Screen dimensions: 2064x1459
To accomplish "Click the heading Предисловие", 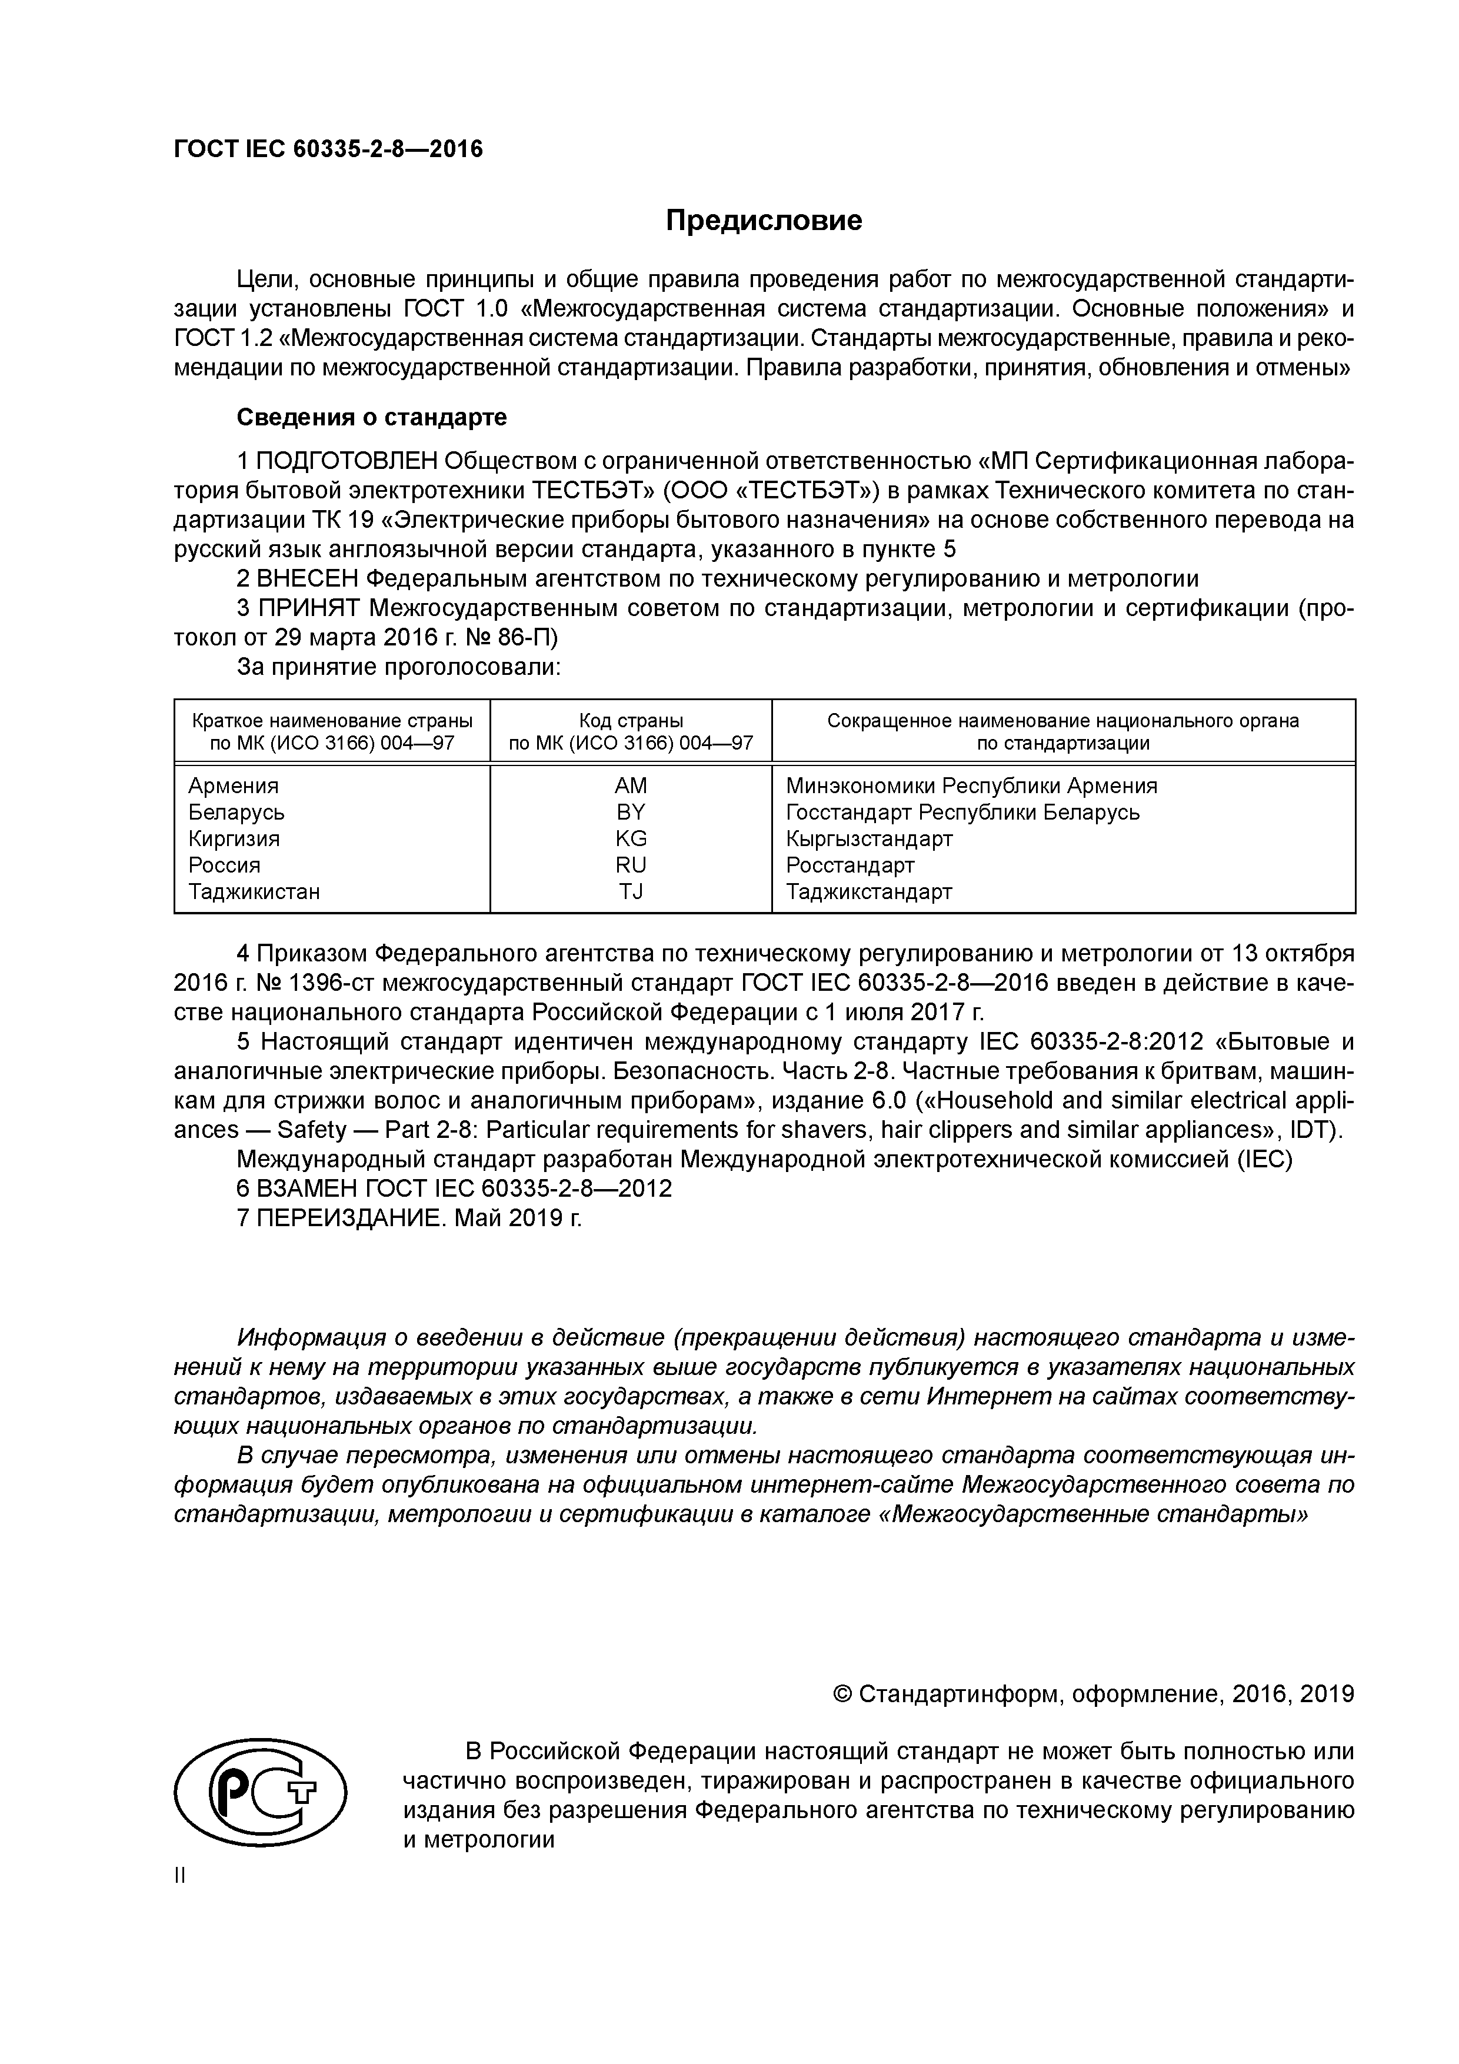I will [x=763, y=220].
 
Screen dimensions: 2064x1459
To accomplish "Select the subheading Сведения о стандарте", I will [x=371, y=417].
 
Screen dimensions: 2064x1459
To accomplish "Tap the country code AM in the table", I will [x=630, y=785].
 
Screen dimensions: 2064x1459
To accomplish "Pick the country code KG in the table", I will [x=630, y=839].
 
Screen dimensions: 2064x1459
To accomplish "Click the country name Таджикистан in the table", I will [x=254, y=892].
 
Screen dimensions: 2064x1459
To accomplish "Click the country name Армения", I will [x=233, y=785].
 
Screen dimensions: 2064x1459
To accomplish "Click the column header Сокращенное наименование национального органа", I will [x=1062, y=721].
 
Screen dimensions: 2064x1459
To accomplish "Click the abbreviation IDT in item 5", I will [x=1313, y=1130].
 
